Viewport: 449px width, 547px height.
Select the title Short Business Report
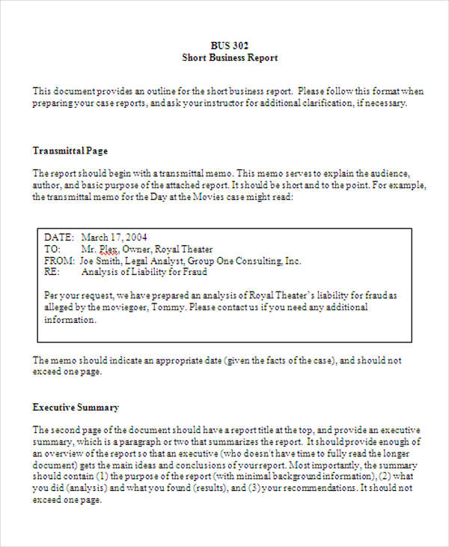pyautogui.click(x=230, y=58)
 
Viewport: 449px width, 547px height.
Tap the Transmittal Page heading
pyautogui.click(x=70, y=150)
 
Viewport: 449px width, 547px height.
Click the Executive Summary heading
pyautogui.click(x=76, y=408)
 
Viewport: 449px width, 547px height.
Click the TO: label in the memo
pyautogui.click(x=52, y=250)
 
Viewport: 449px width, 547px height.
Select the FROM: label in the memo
pyautogui.click(x=60, y=262)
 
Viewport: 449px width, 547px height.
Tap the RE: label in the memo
pyautogui.click(x=51, y=273)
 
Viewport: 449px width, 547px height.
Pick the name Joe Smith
pyautogui.click(x=100, y=262)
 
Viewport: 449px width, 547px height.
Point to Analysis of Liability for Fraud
pyautogui.click(x=144, y=273)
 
